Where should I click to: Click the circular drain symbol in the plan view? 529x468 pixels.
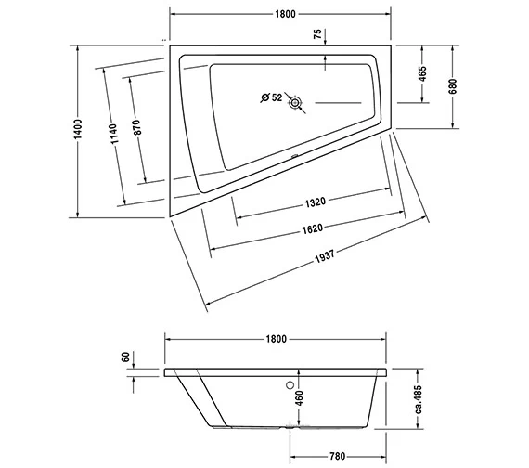pos(295,104)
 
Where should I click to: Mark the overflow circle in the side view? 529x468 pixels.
pos(290,383)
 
